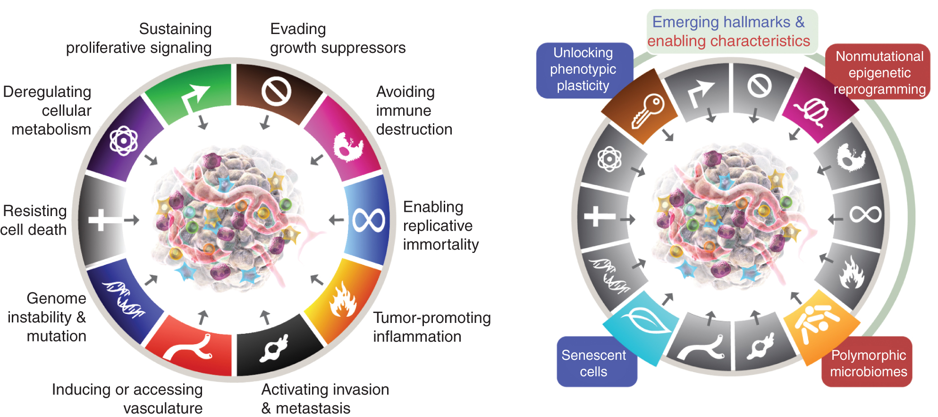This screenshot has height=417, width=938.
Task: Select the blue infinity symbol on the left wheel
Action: (x=369, y=221)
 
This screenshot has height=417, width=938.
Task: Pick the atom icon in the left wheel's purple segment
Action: (x=124, y=140)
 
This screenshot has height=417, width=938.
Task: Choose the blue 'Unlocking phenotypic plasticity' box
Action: (x=583, y=69)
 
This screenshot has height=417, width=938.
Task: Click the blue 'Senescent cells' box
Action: (x=594, y=363)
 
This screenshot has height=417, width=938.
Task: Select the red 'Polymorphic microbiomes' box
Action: (x=868, y=363)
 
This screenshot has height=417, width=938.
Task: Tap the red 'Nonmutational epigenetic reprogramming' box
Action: (x=879, y=72)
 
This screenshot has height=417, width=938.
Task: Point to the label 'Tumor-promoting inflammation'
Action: (x=431, y=327)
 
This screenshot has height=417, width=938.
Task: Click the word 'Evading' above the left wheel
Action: (x=298, y=29)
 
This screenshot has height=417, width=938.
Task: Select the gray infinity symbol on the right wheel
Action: (x=865, y=215)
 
